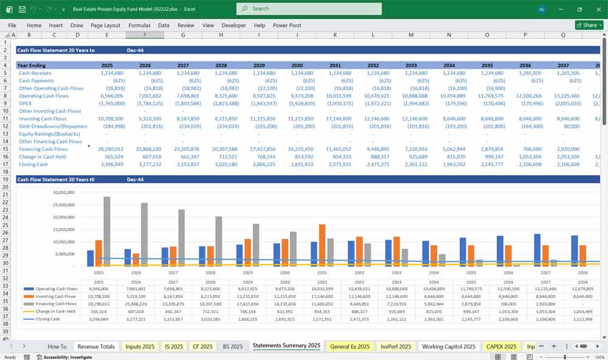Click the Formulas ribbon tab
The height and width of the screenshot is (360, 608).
click(139, 26)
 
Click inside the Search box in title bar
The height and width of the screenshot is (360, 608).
click(309, 9)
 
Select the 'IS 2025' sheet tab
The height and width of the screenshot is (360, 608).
click(174, 346)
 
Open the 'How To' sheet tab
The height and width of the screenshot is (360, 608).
click(57, 346)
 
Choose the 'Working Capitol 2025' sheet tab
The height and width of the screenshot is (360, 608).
click(449, 346)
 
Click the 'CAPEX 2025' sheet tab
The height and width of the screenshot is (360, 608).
click(502, 346)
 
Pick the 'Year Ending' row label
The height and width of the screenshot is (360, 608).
click(31, 65)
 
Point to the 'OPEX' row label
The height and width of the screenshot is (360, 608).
click(26, 103)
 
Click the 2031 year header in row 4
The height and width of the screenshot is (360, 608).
click(335, 65)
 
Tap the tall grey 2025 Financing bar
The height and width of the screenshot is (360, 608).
click(107, 231)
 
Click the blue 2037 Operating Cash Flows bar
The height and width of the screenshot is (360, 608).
click(537, 250)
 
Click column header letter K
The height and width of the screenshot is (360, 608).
click(335, 35)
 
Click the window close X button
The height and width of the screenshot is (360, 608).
click(595, 9)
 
